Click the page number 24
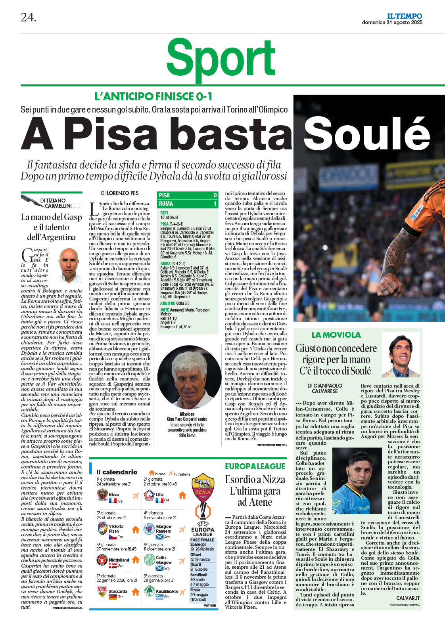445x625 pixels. (29, 17)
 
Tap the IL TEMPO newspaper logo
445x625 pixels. (404, 16)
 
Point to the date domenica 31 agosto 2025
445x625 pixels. (392, 23)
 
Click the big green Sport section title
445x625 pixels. (221, 58)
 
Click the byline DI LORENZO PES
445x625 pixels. (120, 193)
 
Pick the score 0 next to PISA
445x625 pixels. (215, 195)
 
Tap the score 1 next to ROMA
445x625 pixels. (215, 204)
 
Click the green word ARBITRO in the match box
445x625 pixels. (167, 303)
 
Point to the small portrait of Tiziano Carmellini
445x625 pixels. (69, 265)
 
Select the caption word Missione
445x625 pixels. (187, 414)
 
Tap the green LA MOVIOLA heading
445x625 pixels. (336, 335)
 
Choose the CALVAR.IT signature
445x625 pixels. (408, 598)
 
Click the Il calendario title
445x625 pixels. (117, 472)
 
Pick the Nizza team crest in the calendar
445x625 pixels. (102, 495)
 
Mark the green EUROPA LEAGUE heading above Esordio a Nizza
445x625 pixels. (255, 466)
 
